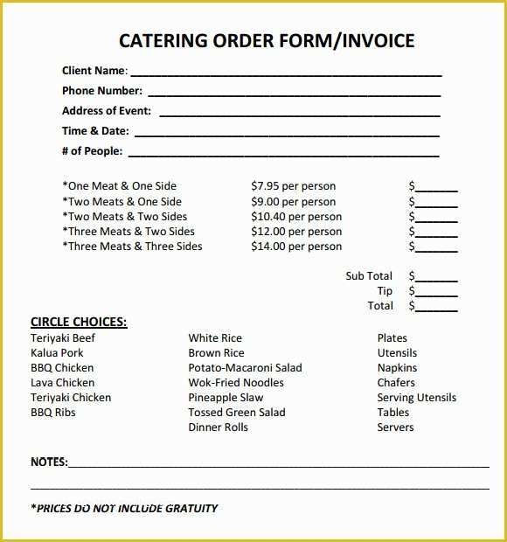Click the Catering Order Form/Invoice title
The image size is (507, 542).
tap(266, 40)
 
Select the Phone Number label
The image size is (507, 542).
tap(101, 91)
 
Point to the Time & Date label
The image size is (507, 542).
tap(95, 131)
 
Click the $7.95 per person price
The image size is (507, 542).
tap(293, 186)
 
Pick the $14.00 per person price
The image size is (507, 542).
tap(296, 247)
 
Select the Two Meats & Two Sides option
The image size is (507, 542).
tap(124, 217)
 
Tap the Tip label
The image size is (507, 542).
tap(385, 291)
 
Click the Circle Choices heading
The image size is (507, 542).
tap(79, 322)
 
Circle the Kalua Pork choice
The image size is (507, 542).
tap(58, 353)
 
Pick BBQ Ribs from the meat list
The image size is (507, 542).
tap(53, 413)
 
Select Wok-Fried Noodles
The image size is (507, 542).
tap(236, 383)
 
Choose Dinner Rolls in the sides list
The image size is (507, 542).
tap(218, 427)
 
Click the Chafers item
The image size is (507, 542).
tap(396, 383)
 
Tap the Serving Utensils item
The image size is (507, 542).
tap(416, 398)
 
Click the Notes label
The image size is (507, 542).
tap(49, 462)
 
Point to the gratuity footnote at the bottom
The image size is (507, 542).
tap(124, 508)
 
